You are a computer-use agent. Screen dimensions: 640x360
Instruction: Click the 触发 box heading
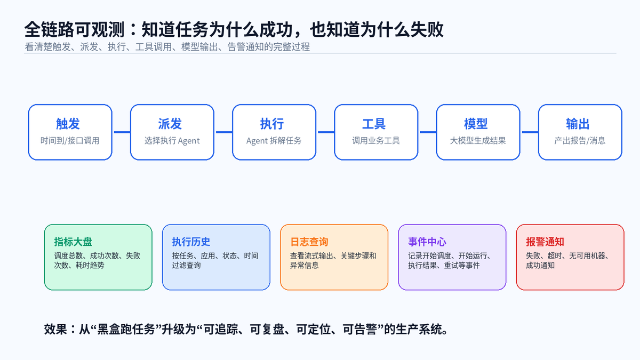tap(68, 124)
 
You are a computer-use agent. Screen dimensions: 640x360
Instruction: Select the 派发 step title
tap(170, 124)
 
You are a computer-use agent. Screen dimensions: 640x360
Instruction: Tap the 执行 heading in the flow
tap(272, 124)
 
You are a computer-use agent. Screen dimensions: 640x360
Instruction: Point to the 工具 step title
tap(374, 124)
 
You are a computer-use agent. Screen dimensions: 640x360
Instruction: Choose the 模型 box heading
tap(476, 124)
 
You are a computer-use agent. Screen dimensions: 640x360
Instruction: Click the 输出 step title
tap(578, 124)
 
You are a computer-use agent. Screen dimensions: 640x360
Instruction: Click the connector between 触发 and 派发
tap(121, 132)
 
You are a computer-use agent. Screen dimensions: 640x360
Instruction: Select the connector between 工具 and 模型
tap(427, 132)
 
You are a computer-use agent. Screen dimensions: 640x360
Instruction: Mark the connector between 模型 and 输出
tap(529, 132)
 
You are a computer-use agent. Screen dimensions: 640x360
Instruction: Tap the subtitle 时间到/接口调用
tap(70, 141)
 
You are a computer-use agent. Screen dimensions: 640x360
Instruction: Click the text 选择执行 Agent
tap(172, 141)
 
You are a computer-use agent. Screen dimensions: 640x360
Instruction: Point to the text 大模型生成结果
tap(478, 141)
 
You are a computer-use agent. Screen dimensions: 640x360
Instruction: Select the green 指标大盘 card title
tap(73, 242)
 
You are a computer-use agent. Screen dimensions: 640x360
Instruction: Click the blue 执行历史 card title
tap(191, 242)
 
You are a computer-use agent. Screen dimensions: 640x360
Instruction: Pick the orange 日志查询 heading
tap(309, 242)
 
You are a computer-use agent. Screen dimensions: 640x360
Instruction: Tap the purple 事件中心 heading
tap(427, 242)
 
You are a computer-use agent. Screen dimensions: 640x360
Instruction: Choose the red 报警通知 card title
tap(545, 242)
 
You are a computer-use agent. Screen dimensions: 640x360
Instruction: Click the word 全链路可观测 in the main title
tap(75, 29)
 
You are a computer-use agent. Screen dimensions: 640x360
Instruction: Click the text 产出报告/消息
tap(580, 141)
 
